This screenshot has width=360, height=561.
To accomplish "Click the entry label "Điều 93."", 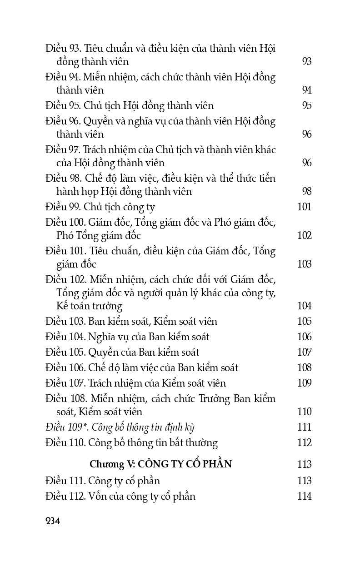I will [x=63, y=48].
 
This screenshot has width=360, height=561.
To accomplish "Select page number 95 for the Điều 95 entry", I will [x=306, y=106].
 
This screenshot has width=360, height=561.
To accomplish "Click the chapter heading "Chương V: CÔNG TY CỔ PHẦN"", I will [x=160, y=464].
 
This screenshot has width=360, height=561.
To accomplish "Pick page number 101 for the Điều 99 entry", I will [x=304, y=207].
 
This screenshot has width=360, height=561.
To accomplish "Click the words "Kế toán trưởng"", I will [x=90, y=306].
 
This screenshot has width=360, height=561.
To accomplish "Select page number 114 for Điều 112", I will [x=304, y=496].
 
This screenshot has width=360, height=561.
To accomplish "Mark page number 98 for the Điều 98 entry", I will [x=306, y=192].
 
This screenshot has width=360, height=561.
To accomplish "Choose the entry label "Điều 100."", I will [x=65, y=223].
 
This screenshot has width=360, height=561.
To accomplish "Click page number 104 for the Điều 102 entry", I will [x=304, y=306].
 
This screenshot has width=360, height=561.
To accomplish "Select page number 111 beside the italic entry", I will [x=304, y=427].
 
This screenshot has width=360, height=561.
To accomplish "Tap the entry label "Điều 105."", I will [x=65, y=352].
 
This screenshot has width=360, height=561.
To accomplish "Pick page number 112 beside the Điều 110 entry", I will [x=304, y=442].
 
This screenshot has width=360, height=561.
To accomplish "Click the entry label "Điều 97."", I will [x=63, y=150].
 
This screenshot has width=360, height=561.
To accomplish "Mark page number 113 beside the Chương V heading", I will [x=304, y=464].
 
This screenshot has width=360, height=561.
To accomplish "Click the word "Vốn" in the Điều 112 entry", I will [x=97, y=496].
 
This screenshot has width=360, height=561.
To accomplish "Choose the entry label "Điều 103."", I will [x=65, y=322].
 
